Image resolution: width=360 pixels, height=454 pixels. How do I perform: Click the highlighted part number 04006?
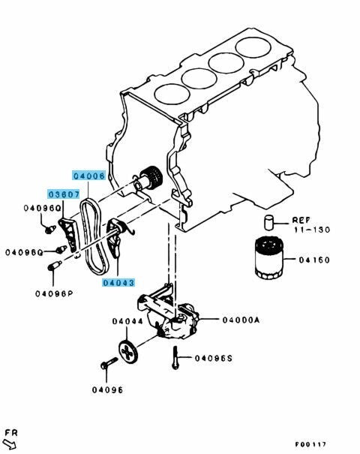pyautogui.click(x=88, y=176)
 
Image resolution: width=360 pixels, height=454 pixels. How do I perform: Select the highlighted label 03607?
pyautogui.click(x=64, y=194)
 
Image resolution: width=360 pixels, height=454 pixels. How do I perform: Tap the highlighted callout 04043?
pyautogui.click(x=118, y=282)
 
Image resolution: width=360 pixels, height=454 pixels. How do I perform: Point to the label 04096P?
pyautogui.click(x=54, y=293)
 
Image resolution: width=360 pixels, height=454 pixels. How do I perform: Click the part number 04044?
pyautogui.click(x=127, y=321)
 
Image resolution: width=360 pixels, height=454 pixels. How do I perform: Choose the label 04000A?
pyautogui.click(x=241, y=320)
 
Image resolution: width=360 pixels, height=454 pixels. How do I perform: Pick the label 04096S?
pyautogui.click(x=214, y=359)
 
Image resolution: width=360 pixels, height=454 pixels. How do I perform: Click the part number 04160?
pyautogui.click(x=314, y=260)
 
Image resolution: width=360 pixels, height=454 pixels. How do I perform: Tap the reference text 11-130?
pyautogui.click(x=312, y=230)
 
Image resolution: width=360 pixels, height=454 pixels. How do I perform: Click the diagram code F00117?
pyautogui.click(x=310, y=444)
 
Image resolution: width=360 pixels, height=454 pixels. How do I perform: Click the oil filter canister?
pyautogui.click(x=270, y=258)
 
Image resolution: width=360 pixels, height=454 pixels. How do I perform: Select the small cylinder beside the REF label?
pyautogui.click(x=268, y=223)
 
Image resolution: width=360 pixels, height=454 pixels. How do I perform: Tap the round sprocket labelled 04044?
pyautogui.click(x=128, y=351)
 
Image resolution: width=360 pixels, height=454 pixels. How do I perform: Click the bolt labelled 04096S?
pyautogui.click(x=175, y=358)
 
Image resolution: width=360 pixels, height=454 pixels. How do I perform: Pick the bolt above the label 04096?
pyautogui.click(x=109, y=363)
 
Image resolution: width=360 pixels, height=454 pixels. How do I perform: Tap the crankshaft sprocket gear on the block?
pyautogui.click(x=151, y=178)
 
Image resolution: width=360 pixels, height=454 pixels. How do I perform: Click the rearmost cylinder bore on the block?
pyautogui.click(x=253, y=47)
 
